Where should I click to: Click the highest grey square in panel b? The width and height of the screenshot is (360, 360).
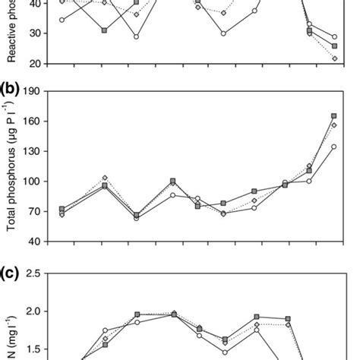[334, 116]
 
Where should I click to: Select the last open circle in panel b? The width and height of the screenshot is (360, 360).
[334, 147]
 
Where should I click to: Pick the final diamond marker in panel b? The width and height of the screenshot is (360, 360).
[334, 125]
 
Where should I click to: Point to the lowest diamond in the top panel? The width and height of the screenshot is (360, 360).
[335, 58]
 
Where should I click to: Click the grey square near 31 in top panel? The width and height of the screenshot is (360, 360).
[104, 30]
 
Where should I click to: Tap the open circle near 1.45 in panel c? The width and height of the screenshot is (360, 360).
[225, 352]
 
